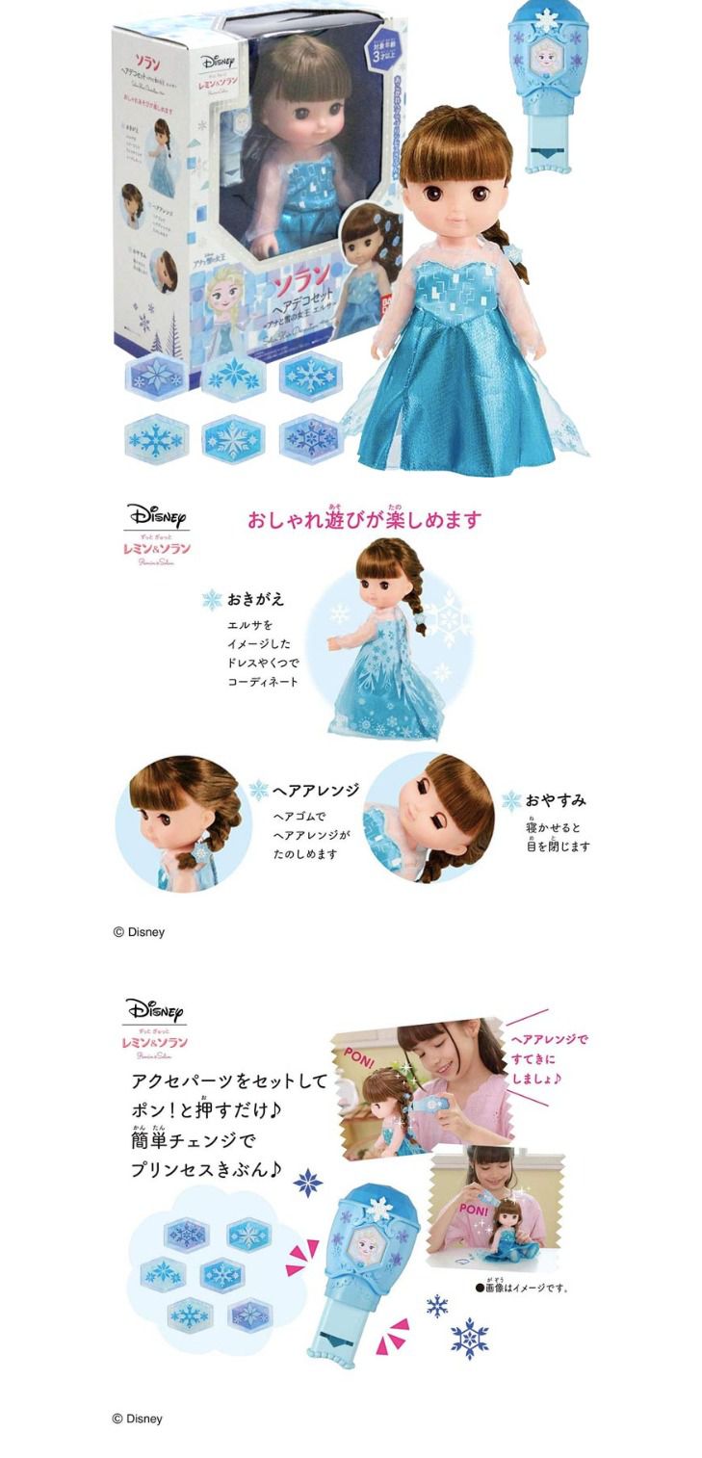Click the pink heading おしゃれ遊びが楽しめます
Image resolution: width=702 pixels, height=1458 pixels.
363,520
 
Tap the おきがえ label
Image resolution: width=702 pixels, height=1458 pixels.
256,599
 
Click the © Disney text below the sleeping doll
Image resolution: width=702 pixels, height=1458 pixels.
139,931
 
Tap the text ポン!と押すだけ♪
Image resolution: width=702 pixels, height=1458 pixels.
207,1110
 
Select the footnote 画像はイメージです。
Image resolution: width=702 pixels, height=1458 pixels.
521,1286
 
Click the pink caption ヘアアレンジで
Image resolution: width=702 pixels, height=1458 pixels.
549,1039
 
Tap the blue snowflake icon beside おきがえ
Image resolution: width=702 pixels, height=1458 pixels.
212,600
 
